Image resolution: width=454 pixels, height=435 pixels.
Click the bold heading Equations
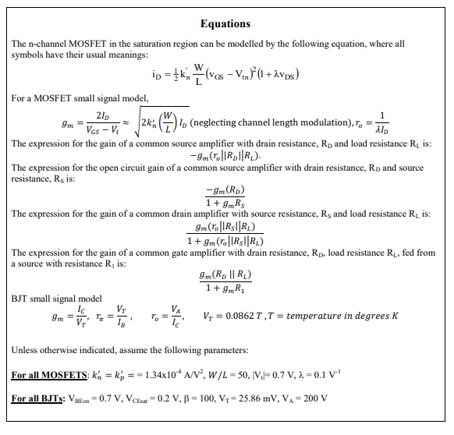tap(225, 23)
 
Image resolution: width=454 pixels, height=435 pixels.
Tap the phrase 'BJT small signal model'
tap(57, 299)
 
